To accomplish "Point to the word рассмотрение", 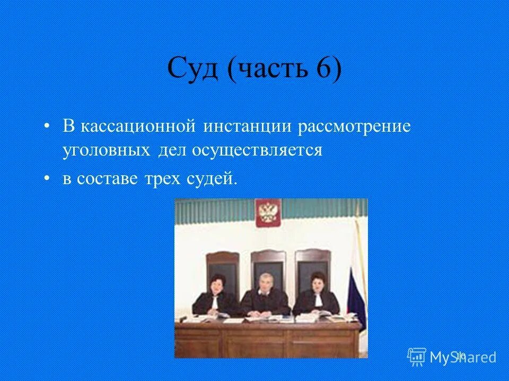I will point(354,128).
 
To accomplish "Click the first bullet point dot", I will point(48,128).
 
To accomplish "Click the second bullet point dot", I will point(48,178).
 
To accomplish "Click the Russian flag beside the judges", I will point(357,286).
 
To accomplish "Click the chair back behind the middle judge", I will point(267,262).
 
